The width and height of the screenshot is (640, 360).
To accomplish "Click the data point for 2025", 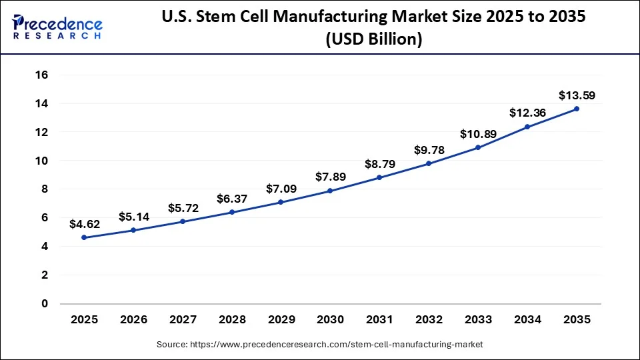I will (84, 237).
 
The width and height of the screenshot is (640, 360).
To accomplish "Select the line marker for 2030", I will (330, 191).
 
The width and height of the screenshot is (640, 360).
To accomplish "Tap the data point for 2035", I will (577, 109).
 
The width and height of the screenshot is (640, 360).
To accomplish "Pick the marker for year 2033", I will (478, 147).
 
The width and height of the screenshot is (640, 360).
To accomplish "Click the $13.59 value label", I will (577, 96).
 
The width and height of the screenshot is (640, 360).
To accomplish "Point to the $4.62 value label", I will (84, 225).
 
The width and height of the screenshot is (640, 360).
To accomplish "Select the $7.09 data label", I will (281, 189).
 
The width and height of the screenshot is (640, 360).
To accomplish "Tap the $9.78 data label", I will (429, 151).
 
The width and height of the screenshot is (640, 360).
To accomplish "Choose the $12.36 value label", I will (527, 113).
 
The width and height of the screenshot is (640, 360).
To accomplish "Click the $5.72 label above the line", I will (183, 209).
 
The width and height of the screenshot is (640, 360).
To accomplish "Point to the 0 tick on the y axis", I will (45, 303).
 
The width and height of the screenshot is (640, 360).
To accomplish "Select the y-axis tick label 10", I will (41, 161).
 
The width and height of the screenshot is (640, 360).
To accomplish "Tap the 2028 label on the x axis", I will (232, 320).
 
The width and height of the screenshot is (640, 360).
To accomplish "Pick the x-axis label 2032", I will (429, 320).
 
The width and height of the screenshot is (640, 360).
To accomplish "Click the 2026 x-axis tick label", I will (133, 320).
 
